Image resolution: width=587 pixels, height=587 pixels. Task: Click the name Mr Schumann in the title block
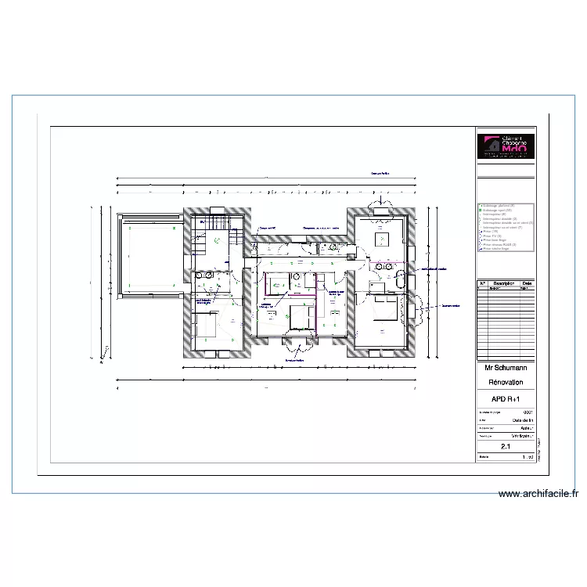(505, 367)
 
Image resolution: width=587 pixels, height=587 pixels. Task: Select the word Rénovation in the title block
(505, 382)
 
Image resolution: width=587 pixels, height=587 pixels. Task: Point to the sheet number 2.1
(505, 445)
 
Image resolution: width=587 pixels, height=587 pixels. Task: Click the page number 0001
(527, 412)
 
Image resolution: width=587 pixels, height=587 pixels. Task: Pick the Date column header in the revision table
(528, 283)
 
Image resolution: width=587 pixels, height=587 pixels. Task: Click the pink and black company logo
(506, 146)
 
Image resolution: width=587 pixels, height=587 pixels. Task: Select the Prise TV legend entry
(493, 235)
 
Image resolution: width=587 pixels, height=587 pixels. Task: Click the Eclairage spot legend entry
(497, 211)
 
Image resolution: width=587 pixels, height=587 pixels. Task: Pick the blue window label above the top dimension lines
(380, 173)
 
